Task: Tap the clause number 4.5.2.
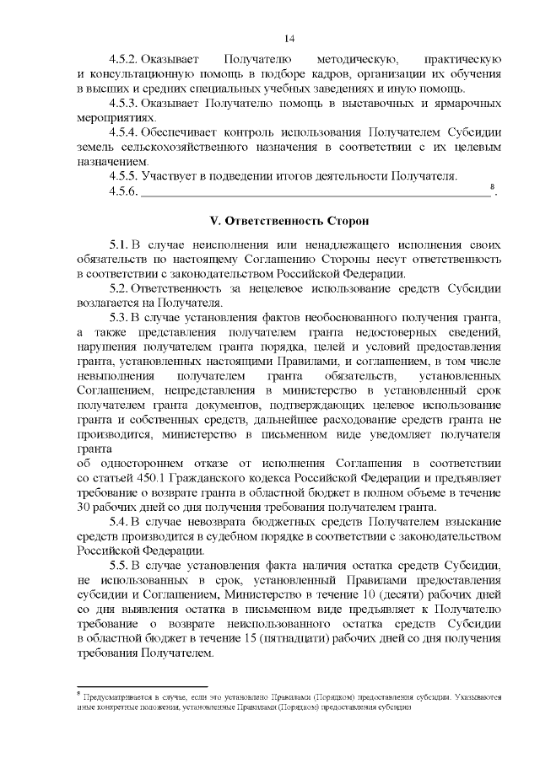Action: click(x=124, y=60)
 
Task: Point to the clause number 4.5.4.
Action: click(x=124, y=133)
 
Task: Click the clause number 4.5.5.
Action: click(x=124, y=176)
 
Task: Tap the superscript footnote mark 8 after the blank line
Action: click(x=492, y=187)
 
